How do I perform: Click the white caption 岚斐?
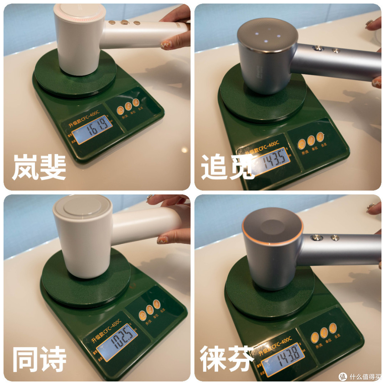coord(39,167)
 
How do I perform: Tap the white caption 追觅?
coord(227,167)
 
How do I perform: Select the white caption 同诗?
coord(39,359)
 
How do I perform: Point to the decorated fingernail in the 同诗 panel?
coord(163,239)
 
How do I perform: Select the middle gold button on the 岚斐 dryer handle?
coord(124,22)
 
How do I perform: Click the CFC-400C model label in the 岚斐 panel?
coord(81,117)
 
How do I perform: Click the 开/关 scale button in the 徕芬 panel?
coord(314,337)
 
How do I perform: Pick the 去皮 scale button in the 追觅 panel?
coord(320,136)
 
